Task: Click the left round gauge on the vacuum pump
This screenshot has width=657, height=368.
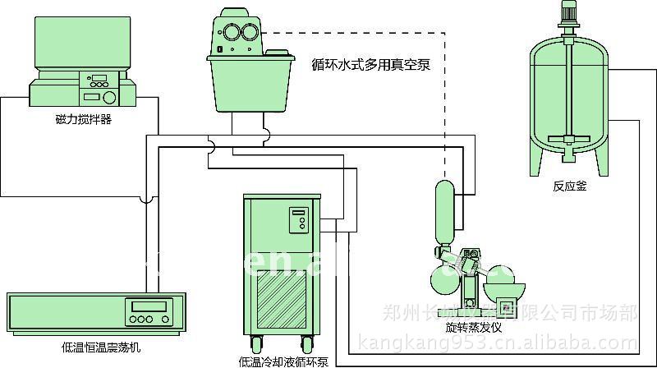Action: coord(227,34)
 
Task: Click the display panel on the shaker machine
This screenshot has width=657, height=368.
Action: coord(146,311)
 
